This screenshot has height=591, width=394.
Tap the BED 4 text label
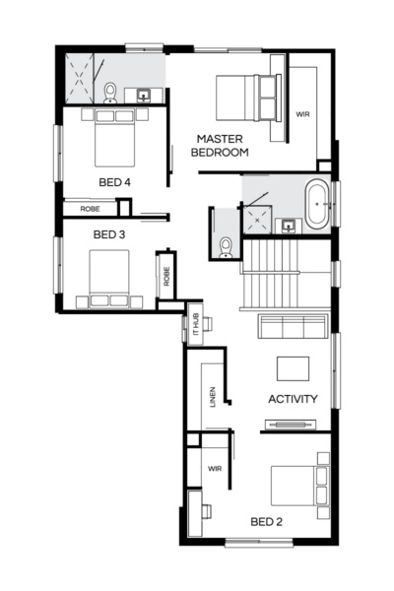pyautogui.click(x=114, y=182)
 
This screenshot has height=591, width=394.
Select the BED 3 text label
pyautogui.click(x=109, y=234)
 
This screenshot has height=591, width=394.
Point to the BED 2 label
pyautogui.click(x=266, y=521)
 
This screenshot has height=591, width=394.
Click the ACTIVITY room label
pyautogui.click(x=293, y=399)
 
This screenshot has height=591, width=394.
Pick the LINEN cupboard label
pyautogui.click(x=213, y=397)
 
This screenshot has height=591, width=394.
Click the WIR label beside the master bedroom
pyautogui.click(x=302, y=114)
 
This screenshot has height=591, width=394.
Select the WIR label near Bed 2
pyautogui.click(x=214, y=469)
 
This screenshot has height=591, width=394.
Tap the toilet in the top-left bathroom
pyautogui.click(x=110, y=94)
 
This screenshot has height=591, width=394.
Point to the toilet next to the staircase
pyautogui.click(x=226, y=245)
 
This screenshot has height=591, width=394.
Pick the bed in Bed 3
pyautogui.click(x=107, y=277)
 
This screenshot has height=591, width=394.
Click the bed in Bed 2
pyautogui.click(x=299, y=486)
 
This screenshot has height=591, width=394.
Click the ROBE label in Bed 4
pyautogui.click(x=89, y=208)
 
